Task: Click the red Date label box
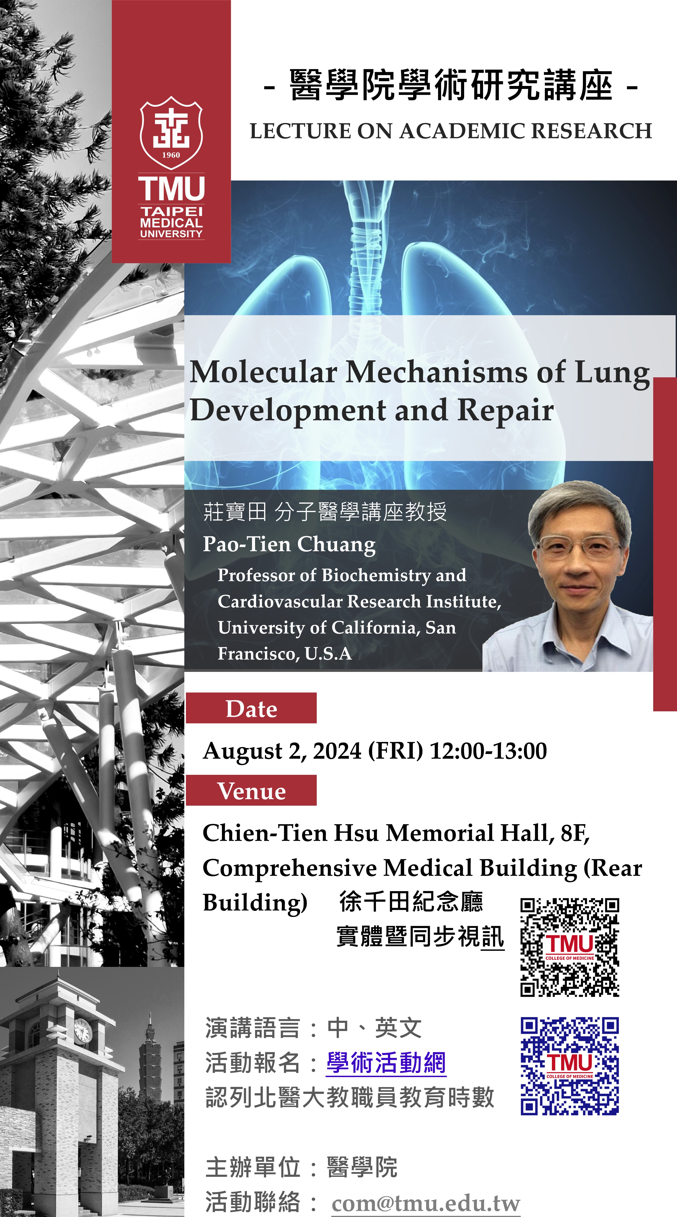pos(251,708)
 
